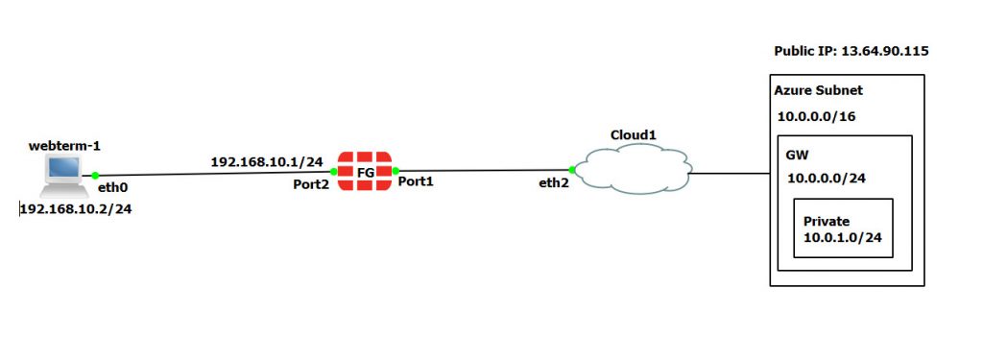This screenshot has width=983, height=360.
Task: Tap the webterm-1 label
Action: (x=65, y=146)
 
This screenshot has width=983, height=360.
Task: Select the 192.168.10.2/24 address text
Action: (x=76, y=208)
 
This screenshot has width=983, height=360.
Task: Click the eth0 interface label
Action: (x=112, y=190)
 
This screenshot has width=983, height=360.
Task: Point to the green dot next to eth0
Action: (x=95, y=175)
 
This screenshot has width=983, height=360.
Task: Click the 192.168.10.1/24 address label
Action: (x=267, y=160)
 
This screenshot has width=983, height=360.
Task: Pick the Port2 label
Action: (x=312, y=184)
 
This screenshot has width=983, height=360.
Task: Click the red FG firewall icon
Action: (x=366, y=171)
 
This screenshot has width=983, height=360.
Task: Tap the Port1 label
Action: (x=417, y=180)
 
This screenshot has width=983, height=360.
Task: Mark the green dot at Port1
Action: (x=396, y=171)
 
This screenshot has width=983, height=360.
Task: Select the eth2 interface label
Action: (x=555, y=182)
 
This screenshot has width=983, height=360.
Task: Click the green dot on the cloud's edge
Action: (x=572, y=170)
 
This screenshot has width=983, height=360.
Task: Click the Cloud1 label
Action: (x=634, y=134)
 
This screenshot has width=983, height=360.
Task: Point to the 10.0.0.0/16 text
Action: (x=817, y=115)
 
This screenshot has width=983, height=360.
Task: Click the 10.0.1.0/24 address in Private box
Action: (x=843, y=236)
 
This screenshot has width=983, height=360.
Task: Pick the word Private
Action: (x=827, y=221)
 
